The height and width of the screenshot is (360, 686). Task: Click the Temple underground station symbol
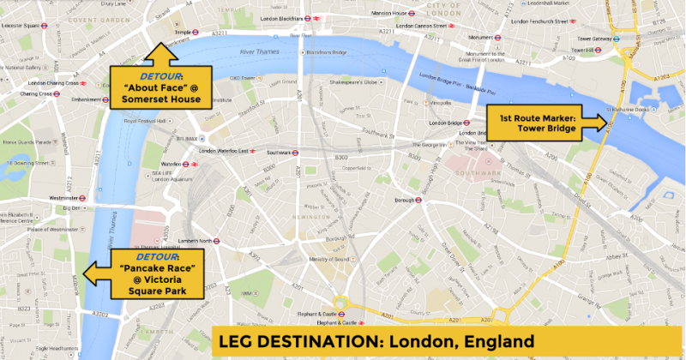pos(193,32)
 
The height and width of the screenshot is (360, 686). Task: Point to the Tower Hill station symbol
pos(612,50)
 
